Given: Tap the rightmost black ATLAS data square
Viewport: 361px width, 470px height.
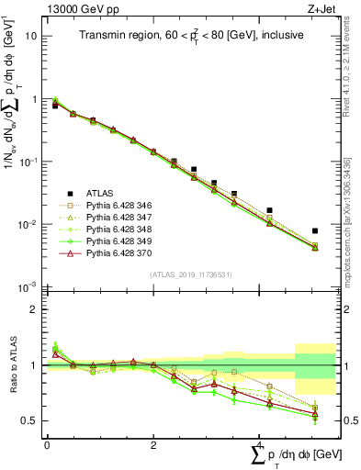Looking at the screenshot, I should pyautogui.click(x=315, y=231).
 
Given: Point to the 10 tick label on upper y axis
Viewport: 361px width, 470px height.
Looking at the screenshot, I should pyautogui.click(x=30, y=36).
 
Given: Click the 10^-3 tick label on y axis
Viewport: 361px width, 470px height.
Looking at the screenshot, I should pyautogui.click(x=28, y=287).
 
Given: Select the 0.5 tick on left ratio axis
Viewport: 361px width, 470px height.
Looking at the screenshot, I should pyautogui.click(x=29, y=420).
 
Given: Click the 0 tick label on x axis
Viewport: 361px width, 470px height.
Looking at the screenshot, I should pyautogui.click(x=47, y=443).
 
